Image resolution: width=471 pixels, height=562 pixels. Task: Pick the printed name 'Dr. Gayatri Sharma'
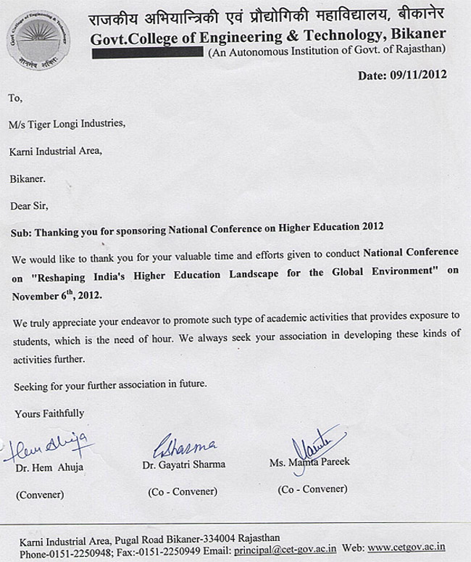(186, 464)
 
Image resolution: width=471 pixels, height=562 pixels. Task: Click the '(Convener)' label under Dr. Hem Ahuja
(40, 495)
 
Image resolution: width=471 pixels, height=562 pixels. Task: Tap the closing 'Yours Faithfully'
(49, 413)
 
